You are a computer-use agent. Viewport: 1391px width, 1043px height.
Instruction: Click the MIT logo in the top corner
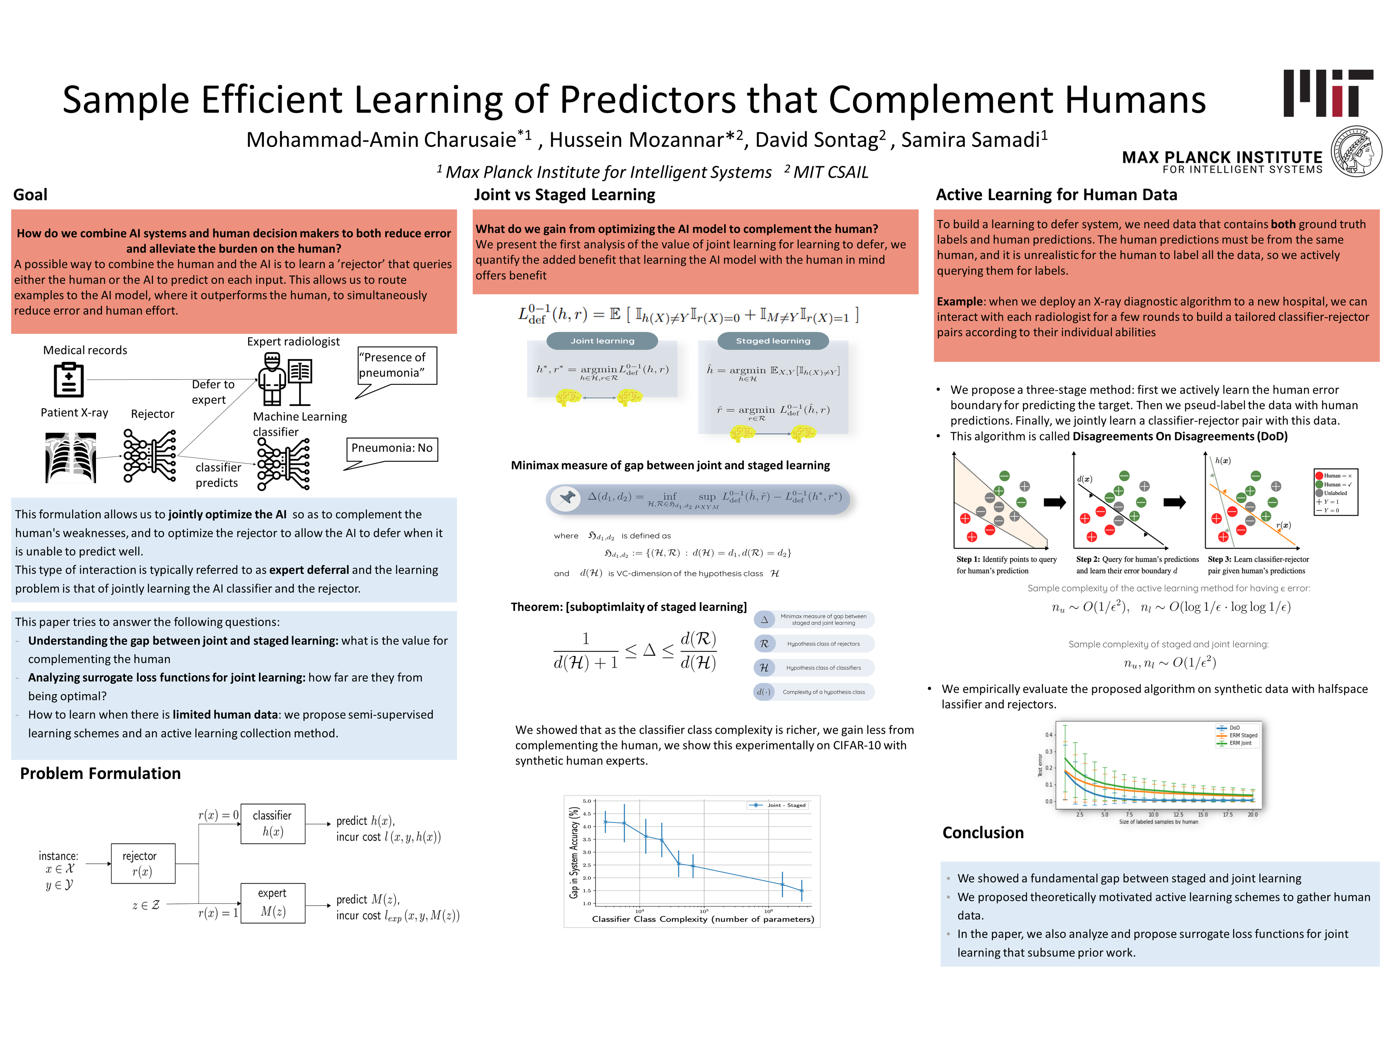[x=1328, y=93]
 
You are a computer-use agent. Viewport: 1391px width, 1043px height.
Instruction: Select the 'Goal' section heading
[x=30, y=195]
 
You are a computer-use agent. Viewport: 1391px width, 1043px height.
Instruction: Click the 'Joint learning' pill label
[x=602, y=341]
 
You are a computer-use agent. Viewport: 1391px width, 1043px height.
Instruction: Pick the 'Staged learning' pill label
[x=773, y=341]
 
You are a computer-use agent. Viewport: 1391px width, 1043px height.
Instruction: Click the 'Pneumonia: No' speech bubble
[x=392, y=448]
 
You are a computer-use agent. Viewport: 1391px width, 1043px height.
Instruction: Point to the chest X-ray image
[x=70, y=457]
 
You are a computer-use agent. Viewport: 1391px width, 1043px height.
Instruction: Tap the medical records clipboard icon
[x=68, y=380]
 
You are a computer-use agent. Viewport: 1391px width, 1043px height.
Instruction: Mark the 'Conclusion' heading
[x=983, y=833]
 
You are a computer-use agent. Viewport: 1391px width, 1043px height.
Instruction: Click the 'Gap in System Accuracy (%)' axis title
[x=573, y=853]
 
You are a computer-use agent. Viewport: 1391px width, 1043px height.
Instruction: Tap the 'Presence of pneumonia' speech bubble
[x=397, y=365]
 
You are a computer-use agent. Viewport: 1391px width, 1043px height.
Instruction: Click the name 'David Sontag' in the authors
[x=816, y=139]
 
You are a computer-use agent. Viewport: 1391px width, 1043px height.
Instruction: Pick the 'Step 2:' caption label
[x=1088, y=560]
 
